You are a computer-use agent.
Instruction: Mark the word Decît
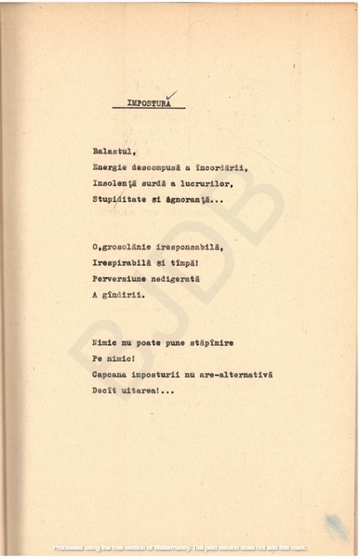[x=105, y=389]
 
